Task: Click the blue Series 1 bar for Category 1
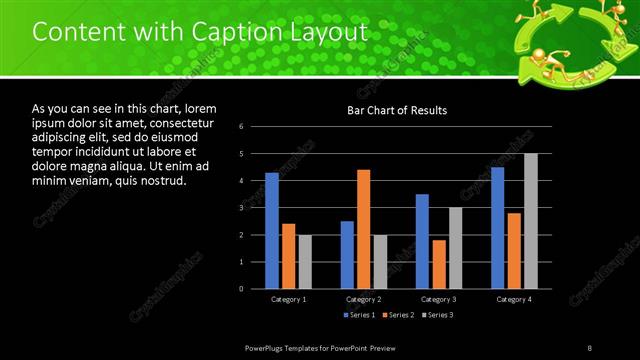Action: (x=272, y=231)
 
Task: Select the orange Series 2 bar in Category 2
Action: (x=363, y=229)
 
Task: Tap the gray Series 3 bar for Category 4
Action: (x=530, y=221)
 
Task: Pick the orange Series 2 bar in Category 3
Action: (x=438, y=264)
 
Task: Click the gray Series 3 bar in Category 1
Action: (x=305, y=262)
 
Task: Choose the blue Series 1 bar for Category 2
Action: (x=347, y=255)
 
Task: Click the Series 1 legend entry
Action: (x=359, y=316)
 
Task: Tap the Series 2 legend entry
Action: (x=397, y=316)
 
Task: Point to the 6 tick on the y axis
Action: (x=241, y=127)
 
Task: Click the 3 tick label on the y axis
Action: (x=241, y=208)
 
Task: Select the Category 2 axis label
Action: (x=363, y=299)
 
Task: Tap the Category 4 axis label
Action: (x=514, y=299)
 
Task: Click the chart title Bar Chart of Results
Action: (x=397, y=110)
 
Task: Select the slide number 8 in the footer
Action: (x=590, y=347)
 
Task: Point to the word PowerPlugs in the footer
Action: (x=266, y=347)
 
